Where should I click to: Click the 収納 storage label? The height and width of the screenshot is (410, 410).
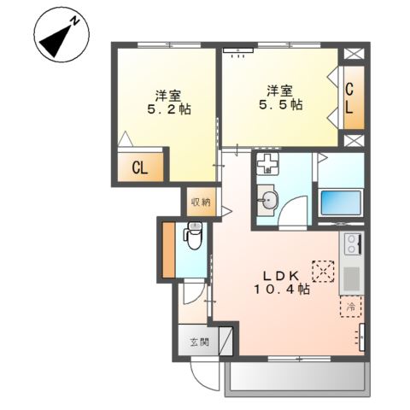pyautogui.click(x=200, y=202)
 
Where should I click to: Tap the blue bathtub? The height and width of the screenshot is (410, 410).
pyautogui.click(x=341, y=203)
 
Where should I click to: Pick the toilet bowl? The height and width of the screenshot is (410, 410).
pyautogui.click(x=194, y=237)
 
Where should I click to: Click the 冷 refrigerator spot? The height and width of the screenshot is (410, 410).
pyautogui.click(x=350, y=306)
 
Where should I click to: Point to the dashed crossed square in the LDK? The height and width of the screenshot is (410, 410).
pyautogui.click(x=323, y=272)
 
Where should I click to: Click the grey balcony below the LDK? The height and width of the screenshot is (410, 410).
pyautogui.click(x=296, y=375)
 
